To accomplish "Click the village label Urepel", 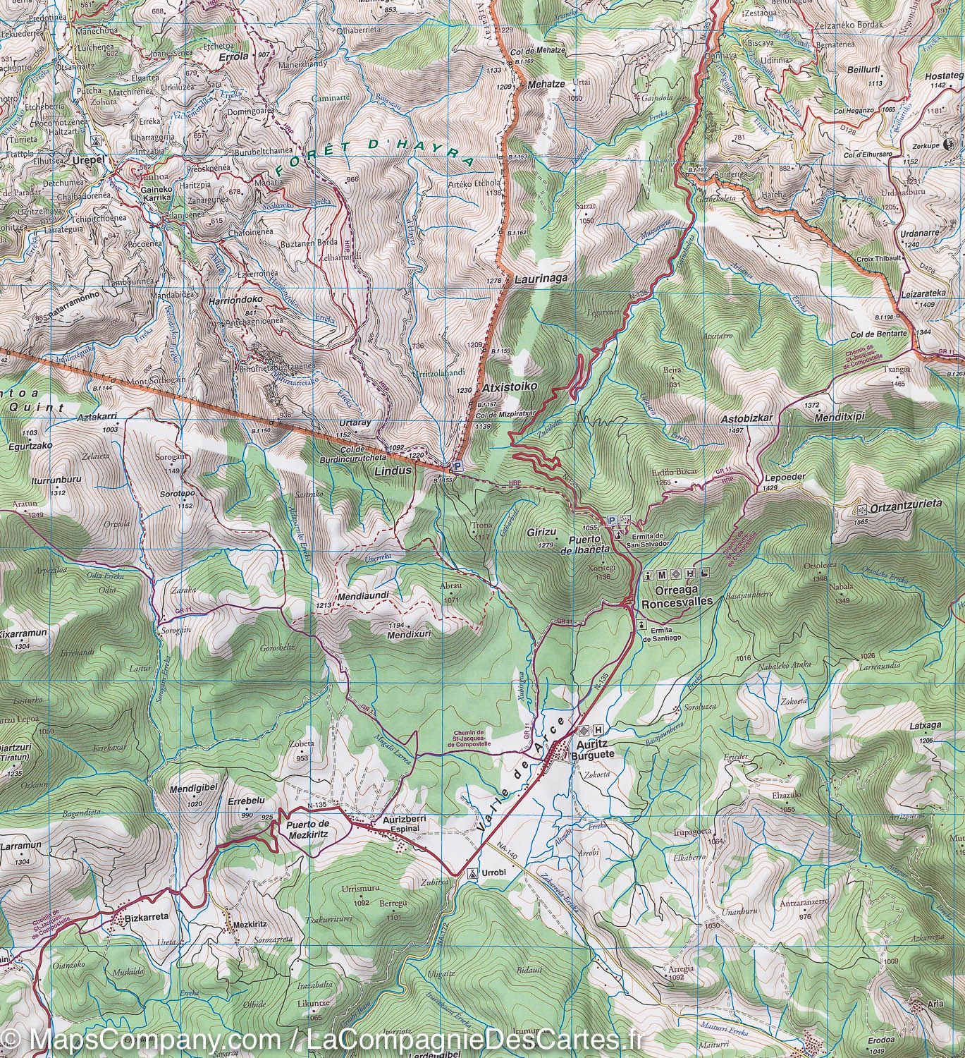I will (x=87, y=160).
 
